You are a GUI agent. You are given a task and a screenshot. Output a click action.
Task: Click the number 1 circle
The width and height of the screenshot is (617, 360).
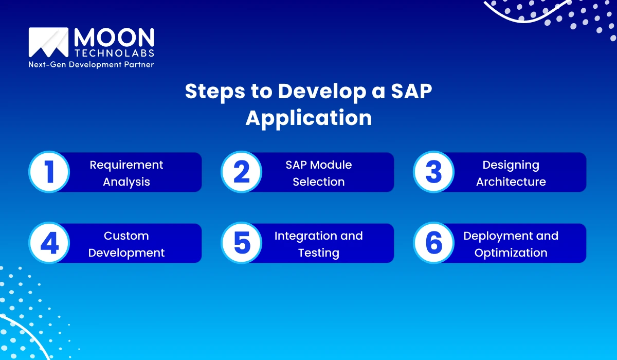coord(49,172)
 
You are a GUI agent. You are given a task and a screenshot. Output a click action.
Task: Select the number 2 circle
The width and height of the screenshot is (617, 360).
coord(241,172)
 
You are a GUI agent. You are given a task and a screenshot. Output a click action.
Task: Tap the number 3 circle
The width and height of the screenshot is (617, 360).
coord(433,172)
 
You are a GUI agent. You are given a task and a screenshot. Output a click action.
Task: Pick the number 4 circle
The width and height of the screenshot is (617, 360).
coord(49,243)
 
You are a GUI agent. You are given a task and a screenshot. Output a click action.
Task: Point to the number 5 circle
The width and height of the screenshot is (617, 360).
coord(241,243)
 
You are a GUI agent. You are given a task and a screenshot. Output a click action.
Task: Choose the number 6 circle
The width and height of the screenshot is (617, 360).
coord(433,243)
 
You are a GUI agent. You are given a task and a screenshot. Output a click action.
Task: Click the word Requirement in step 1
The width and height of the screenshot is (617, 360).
coord(126,165)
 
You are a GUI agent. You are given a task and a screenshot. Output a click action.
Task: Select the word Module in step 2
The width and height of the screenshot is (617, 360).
coord(334,165)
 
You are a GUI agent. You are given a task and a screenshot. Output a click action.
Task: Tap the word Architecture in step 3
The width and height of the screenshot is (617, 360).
coord(511,182)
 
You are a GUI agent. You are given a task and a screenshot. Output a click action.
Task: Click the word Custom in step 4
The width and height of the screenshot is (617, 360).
coord(126,236)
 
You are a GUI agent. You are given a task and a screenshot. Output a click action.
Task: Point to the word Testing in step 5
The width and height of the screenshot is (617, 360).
coord(319,253)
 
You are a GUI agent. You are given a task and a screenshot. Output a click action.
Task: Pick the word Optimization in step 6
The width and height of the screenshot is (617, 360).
coord(511,253)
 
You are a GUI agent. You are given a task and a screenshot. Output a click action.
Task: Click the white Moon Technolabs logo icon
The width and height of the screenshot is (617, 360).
coord(48,42)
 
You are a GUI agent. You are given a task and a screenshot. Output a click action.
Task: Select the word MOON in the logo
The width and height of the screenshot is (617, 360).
coord(114,38)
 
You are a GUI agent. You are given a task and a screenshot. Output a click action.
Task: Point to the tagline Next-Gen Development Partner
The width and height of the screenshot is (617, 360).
coord(91,65)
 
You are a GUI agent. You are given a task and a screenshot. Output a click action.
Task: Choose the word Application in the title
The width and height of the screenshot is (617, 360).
coord(308,118)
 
